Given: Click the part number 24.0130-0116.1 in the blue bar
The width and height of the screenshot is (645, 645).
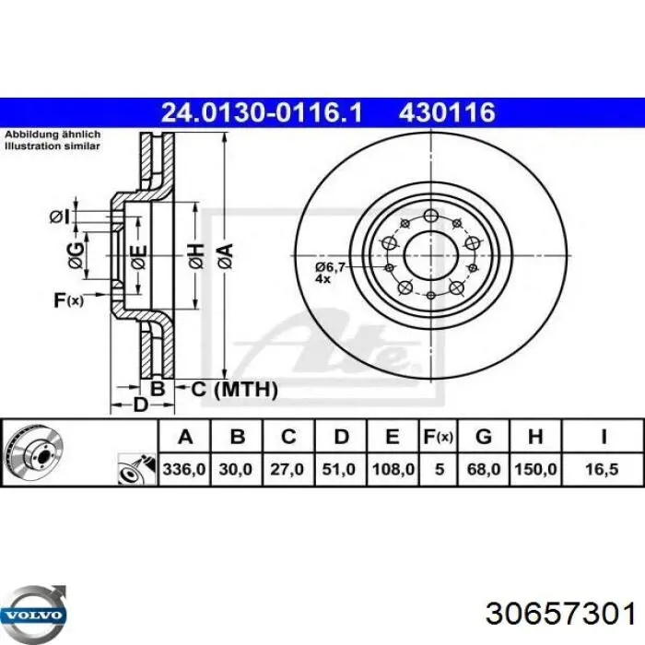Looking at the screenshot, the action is point(262,112).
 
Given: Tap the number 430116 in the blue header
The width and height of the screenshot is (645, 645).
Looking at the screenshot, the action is point(447,112).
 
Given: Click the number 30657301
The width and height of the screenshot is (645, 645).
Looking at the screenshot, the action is point(560,615).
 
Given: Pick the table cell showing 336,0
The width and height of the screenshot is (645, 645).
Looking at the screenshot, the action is point(184,469).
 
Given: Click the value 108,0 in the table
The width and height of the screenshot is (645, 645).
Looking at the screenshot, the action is point(393,469).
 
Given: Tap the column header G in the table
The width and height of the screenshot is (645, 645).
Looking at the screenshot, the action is point(484,437).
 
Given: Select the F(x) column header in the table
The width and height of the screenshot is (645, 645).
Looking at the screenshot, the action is point(438,437).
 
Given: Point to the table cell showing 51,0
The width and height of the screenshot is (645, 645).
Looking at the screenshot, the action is point(338,469).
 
